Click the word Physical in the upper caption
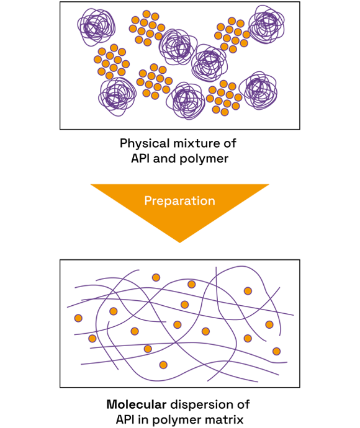[x=145, y=143]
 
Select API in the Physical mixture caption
[x=140, y=158]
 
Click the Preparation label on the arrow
[x=180, y=201]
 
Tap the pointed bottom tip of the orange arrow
[x=180, y=243]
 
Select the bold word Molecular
[x=137, y=404]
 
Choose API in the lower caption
[x=125, y=419]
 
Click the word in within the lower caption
[x=143, y=419]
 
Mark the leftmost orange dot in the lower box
[x=78, y=318]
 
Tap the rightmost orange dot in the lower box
[x=276, y=351]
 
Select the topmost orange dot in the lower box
[x=156, y=278]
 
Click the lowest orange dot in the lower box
[x=163, y=365]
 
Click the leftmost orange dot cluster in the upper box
[x=111, y=61]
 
